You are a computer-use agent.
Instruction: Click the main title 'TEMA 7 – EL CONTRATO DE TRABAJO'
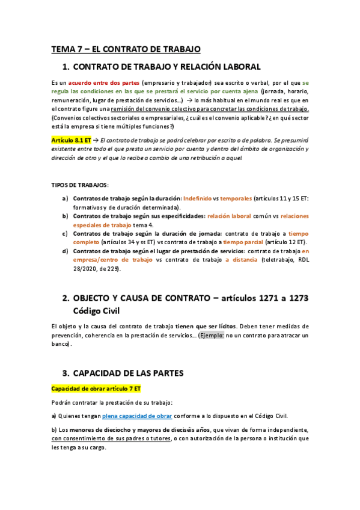point(126,49)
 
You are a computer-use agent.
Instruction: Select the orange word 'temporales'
point(236,198)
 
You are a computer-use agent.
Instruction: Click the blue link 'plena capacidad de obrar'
point(137,416)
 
